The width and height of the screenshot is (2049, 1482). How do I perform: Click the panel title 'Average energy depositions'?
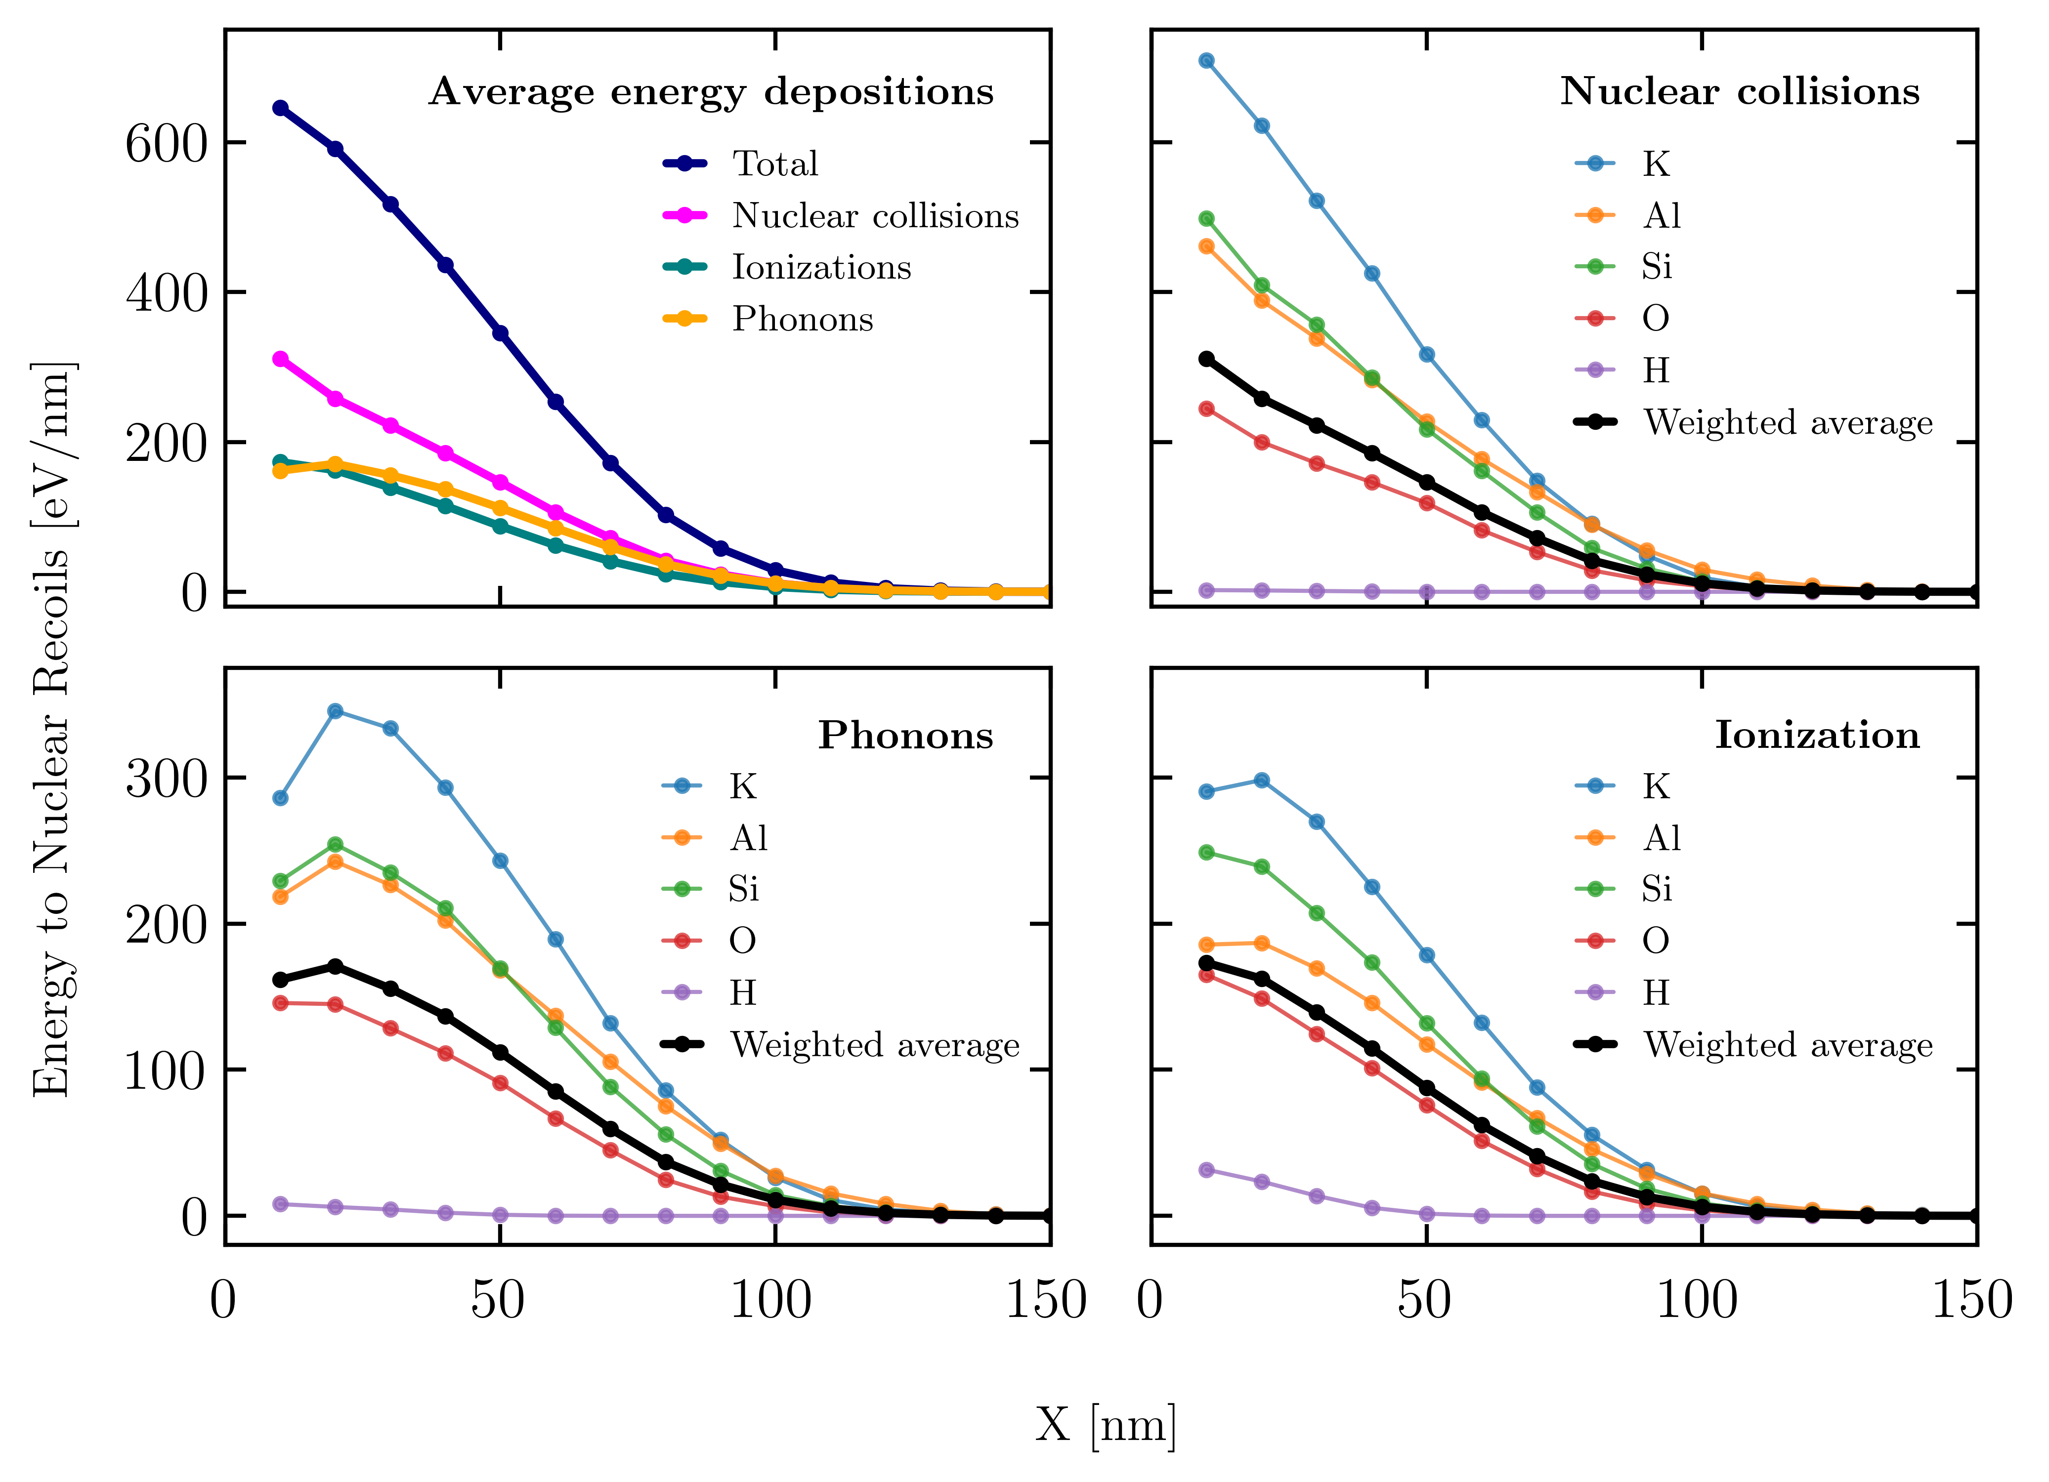pyautogui.click(x=711, y=92)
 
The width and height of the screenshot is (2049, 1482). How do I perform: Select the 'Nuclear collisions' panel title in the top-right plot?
pyautogui.click(x=1740, y=91)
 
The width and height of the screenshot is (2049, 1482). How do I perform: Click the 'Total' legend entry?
pyautogui.click(x=775, y=164)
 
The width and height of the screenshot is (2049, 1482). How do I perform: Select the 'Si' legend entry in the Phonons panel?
pyautogui.click(x=743, y=890)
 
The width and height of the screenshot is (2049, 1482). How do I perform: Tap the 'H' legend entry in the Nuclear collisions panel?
pyautogui.click(x=1656, y=370)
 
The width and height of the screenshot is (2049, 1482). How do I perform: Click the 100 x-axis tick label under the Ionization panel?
pyautogui.click(x=1697, y=1301)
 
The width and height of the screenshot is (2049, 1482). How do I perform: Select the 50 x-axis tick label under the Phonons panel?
pyautogui.click(x=498, y=1301)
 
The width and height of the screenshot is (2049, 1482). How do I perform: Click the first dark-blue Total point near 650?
pyautogui.click(x=280, y=108)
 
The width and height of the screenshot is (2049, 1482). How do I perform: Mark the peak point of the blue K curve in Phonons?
pyautogui.click(x=335, y=711)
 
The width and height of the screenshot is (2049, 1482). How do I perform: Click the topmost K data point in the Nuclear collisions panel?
pyautogui.click(x=1206, y=60)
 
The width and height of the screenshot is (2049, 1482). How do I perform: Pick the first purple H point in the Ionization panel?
pyautogui.click(x=1206, y=1169)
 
